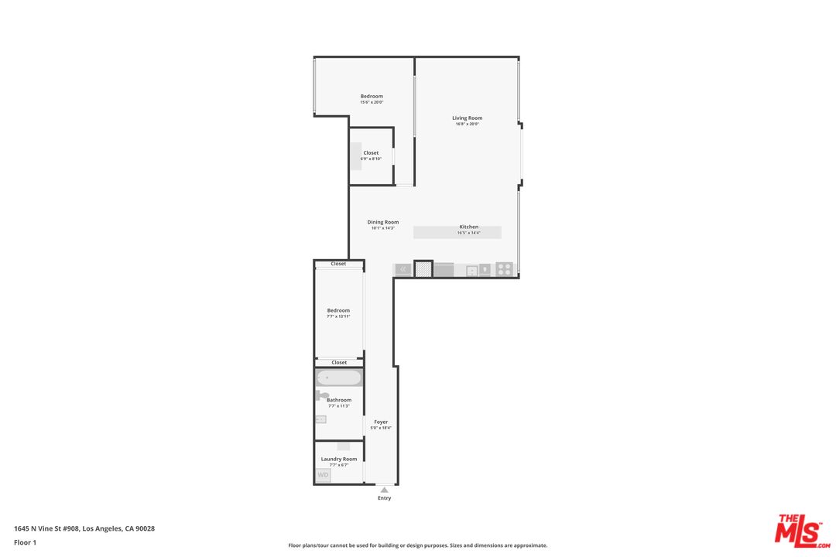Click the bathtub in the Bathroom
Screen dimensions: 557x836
(x=339, y=378)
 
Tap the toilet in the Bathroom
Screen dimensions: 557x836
(x=322, y=395)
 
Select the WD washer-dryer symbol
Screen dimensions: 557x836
(x=323, y=474)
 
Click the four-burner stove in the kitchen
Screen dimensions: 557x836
(x=504, y=269)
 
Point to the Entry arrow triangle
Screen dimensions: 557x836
(x=384, y=489)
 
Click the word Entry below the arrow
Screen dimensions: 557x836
(x=384, y=498)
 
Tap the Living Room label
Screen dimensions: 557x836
(x=468, y=118)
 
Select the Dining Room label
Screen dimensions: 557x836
(x=383, y=222)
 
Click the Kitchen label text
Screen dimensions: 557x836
(x=468, y=227)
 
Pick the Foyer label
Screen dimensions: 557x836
(x=381, y=422)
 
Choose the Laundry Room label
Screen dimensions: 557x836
(x=339, y=459)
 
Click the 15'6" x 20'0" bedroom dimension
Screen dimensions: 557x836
(x=372, y=102)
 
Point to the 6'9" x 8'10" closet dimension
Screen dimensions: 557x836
(x=372, y=159)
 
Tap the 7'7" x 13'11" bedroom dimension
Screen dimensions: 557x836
(x=338, y=316)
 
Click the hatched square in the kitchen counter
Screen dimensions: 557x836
(x=423, y=269)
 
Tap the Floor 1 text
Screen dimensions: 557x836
(x=25, y=542)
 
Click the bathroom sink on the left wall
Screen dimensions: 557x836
(x=320, y=419)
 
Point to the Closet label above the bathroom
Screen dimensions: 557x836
(x=339, y=362)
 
